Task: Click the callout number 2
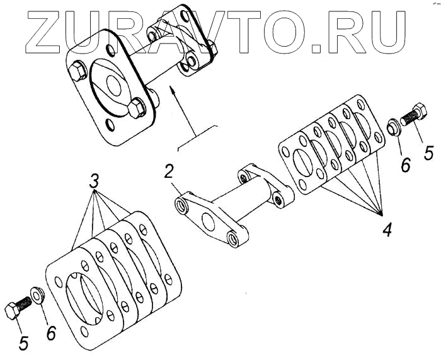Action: pos(169,170)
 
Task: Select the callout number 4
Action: pos(386,228)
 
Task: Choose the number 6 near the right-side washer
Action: pos(405,165)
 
